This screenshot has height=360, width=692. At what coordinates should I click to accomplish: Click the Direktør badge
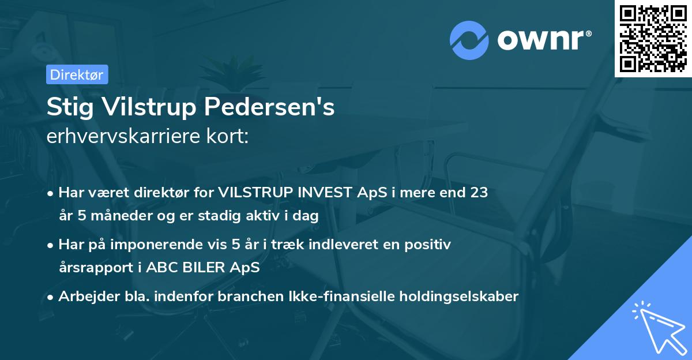[x=76, y=75]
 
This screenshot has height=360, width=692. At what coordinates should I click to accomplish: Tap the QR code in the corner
[x=653, y=39]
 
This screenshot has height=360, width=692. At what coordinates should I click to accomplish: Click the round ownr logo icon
[x=469, y=40]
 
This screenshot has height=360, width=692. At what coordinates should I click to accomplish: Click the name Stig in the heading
[x=68, y=108]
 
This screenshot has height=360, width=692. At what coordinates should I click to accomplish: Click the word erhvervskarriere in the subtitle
[x=120, y=137]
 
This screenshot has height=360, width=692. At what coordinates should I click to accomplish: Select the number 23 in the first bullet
[x=479, y=193]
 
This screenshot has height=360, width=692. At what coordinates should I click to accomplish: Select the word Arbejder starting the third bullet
[x=87, y=297]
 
